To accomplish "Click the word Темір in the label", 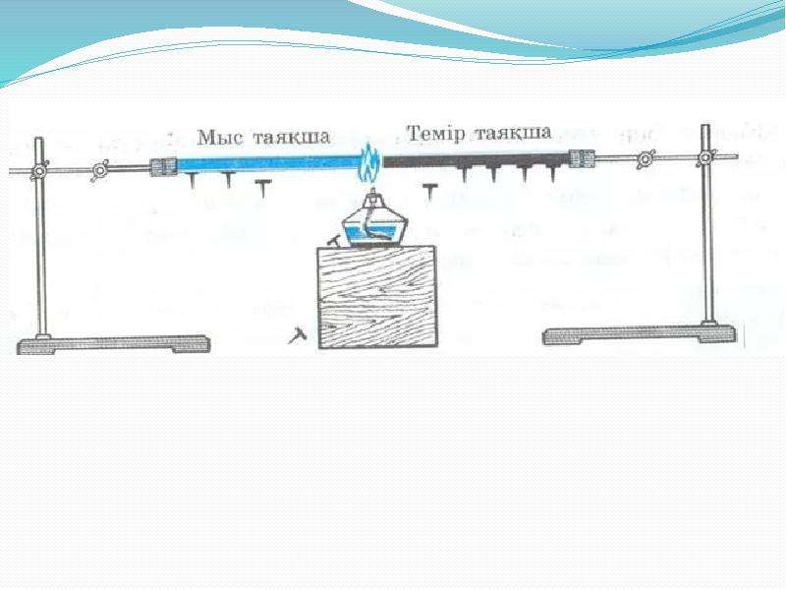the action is [x=435, y=134].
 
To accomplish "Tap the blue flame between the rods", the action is [x=370, y=162].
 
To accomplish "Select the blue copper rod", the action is [x=269, y=164].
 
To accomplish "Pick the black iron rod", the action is [x=477, y=160].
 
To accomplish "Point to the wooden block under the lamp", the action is [x=378, y=297].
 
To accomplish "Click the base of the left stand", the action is [x=113, y=344].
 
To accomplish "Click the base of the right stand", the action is [x=640, y=334].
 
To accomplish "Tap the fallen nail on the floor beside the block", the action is [x=297, y=334].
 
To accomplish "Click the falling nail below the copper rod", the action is [x=261, y=188].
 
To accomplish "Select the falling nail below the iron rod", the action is [x=429, y=192].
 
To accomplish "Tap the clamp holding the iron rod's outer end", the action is [x=582, y=158].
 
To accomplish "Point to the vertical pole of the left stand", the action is [x=41, y=237].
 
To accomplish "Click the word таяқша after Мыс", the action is [x=292, y=137].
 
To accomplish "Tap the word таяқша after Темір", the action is [x=513, y=133].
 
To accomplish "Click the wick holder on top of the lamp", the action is [x=371, y=196].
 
